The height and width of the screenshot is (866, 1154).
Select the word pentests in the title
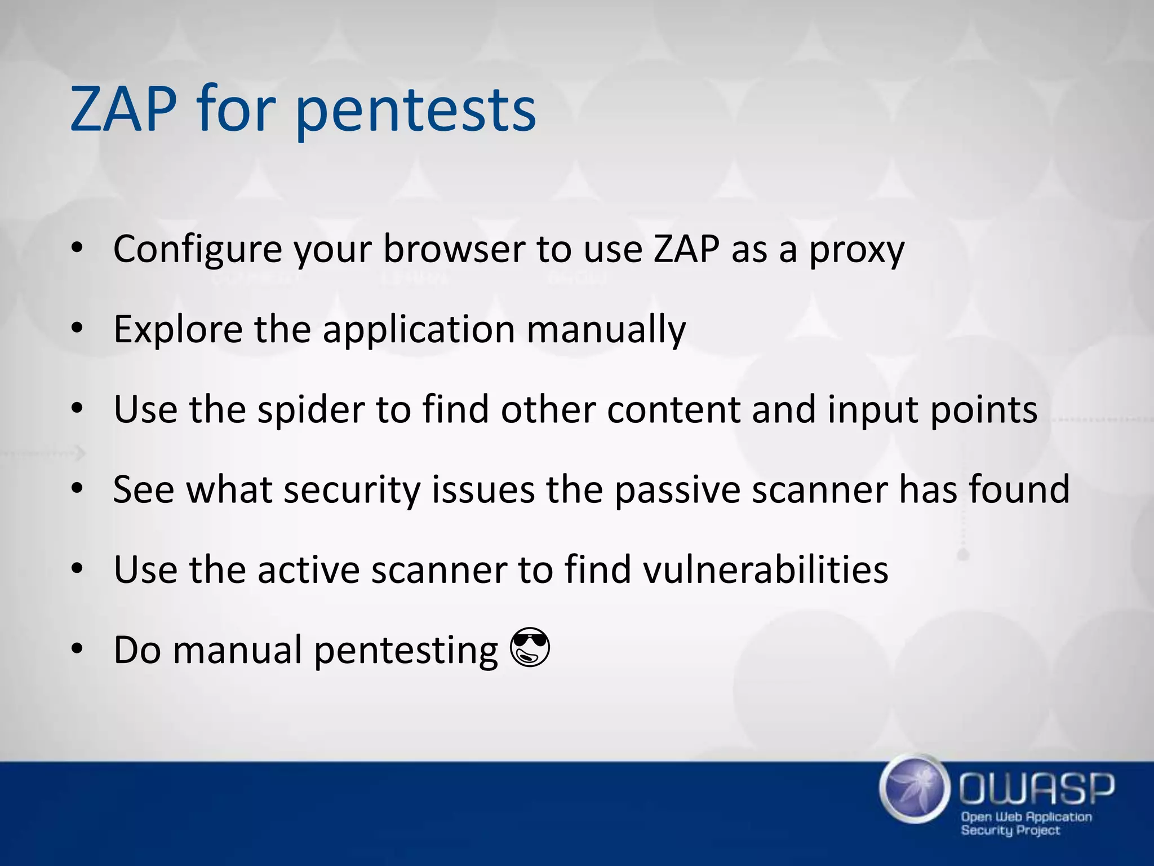tap(415, 111)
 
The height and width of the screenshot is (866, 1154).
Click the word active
tap(308, 569)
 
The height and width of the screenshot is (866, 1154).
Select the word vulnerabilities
tap(766, 569)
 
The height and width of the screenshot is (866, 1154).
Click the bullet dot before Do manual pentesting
tap(77, 648)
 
